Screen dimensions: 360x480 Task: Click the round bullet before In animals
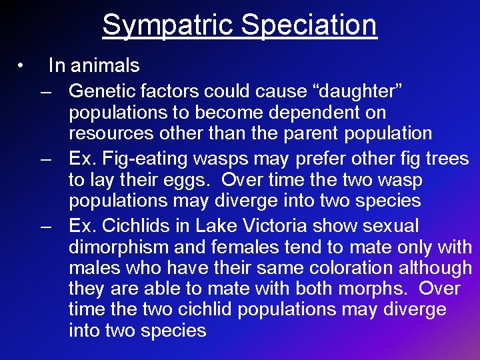[x=22, y=65]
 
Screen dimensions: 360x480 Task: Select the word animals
[x=105, y=65]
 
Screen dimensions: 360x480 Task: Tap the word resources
[x=111, y=133]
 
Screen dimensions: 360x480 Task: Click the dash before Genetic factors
[x=46, y=90]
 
